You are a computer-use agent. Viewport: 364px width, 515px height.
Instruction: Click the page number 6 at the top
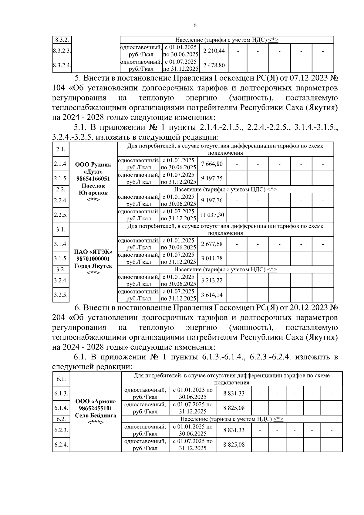point(195,25)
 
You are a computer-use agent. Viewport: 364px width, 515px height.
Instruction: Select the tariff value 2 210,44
point(214,51)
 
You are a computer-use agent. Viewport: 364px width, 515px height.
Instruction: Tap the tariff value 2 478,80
point(214,65)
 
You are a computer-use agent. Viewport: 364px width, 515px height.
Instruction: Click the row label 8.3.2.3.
point(62,51)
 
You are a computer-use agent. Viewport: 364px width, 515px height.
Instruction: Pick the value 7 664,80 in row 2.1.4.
point(212,164)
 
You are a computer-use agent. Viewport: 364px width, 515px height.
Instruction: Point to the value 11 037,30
point(212,215)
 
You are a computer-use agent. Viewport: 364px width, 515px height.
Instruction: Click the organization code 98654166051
point(93,178)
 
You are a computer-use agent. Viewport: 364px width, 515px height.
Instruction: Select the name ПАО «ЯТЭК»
point(93,252)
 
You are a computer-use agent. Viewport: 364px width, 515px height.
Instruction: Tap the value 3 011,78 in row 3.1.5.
point(212,258)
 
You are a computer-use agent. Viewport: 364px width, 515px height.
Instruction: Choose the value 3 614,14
point(212,295)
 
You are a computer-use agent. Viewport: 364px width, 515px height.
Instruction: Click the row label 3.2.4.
point(61,280)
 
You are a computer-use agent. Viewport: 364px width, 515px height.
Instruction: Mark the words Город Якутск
point(93,266)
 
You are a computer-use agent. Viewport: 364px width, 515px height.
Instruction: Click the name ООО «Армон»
point(95,401)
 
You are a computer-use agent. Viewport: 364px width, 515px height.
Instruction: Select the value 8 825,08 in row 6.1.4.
point(234,408)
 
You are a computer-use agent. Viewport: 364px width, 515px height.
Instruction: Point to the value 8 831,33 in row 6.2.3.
point(234,430)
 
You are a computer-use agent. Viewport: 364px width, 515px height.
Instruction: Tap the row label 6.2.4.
point(61,445)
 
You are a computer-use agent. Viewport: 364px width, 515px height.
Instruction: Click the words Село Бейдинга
point(95,415)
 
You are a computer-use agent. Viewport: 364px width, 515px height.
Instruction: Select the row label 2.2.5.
point(61,215)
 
